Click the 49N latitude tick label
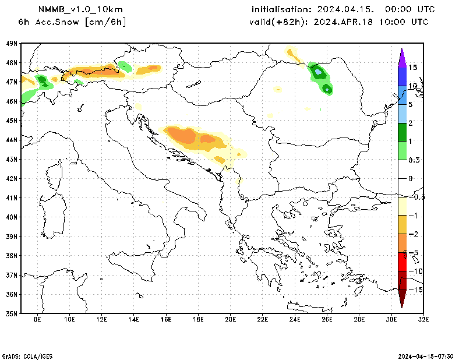click(x=12, y=43)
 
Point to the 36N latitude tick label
click(x=12, y=294)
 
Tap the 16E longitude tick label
click(x=166, y=319)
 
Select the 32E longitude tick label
click(x=423, y=319)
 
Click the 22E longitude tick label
click(x=263, y=319)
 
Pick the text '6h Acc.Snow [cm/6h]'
click(x=72, y=22)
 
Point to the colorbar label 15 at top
click(x=412, y=68)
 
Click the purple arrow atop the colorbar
click(x=402, y=57)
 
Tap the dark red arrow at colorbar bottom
click(x=402, y=298)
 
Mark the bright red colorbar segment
click(x=402, y=262)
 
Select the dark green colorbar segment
click(x=402, y=132)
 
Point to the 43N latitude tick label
click(x=12, y=159)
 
